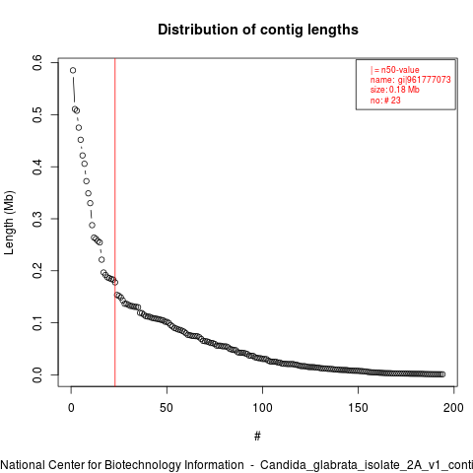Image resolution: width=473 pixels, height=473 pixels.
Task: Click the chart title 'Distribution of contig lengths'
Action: (x=258, y=30)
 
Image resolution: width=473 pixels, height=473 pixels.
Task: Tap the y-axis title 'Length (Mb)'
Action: (x=9, y=223)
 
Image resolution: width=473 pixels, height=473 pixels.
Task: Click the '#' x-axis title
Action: (x=257, y=437)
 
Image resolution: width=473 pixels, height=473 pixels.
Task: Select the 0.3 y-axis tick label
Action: (x=37, y=219)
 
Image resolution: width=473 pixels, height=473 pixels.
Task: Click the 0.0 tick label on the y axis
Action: (x=37, y=374)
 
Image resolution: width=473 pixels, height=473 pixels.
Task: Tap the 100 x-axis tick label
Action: (x=262, y=408)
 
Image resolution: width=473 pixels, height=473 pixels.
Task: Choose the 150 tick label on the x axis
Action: (x=358, y=408)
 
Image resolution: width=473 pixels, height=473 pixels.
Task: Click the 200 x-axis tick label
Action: (x=453, y=408)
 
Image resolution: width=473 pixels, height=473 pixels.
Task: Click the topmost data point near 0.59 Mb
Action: (x=73, y=70)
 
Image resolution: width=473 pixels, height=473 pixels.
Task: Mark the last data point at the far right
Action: (x=442, y=374)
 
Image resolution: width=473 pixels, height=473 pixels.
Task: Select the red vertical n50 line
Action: (x=115, y=223)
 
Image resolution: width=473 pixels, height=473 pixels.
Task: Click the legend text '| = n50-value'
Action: (x=395, y=70)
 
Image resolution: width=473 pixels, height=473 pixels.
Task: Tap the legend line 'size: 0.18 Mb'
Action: (x=395, y=90)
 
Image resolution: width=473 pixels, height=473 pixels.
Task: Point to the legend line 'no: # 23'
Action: (x=385, y=100)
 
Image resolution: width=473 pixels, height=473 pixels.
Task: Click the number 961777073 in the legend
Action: (x=429, y=80)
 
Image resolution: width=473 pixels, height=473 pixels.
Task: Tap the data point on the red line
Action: (x=115, y=282)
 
